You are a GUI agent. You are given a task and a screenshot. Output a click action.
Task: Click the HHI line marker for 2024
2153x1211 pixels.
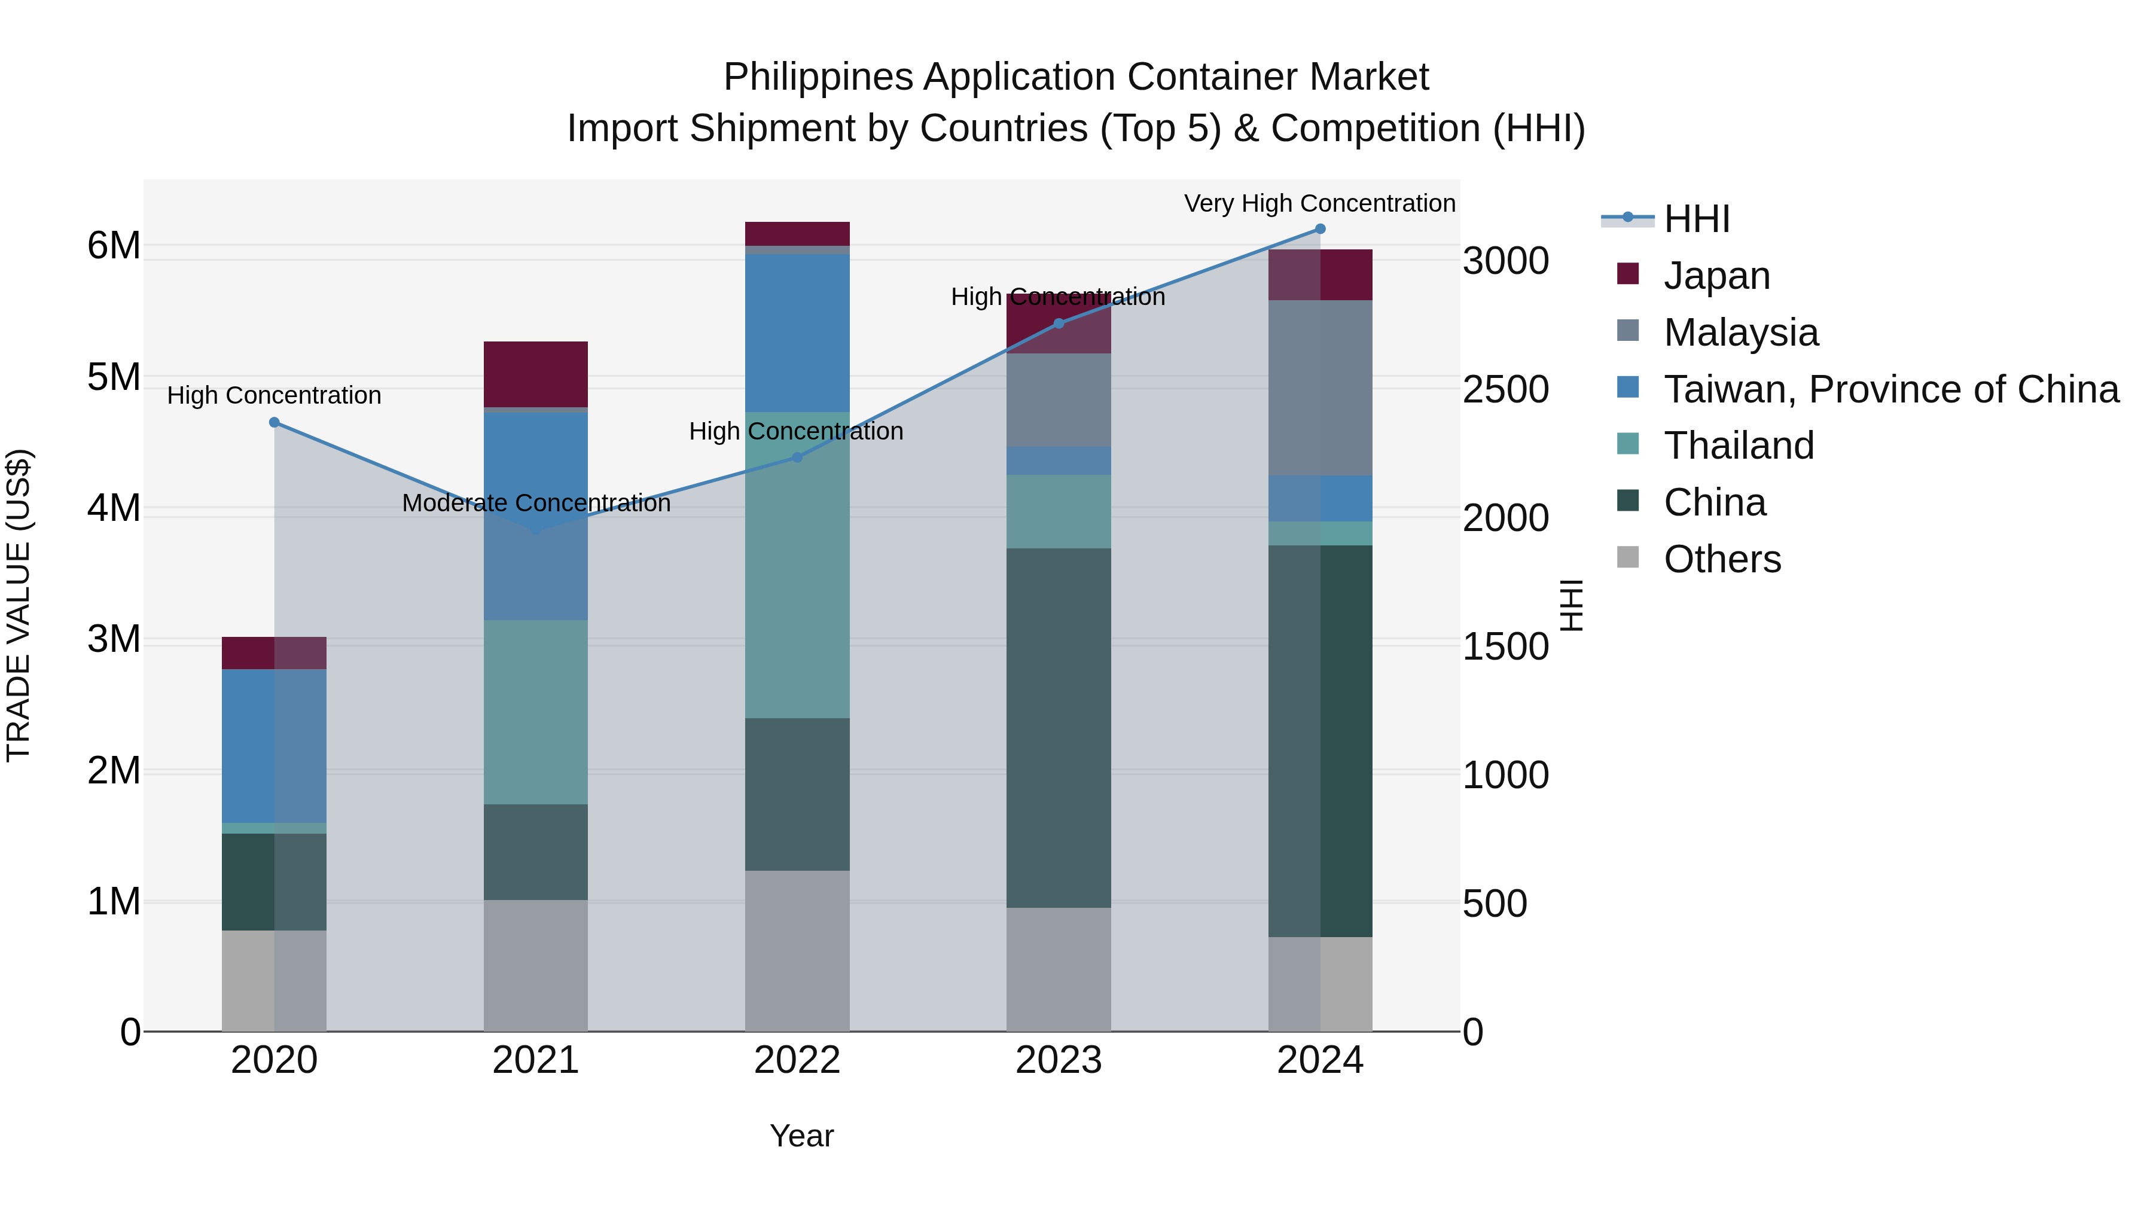1320,229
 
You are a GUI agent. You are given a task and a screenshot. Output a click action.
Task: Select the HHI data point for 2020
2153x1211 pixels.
274,423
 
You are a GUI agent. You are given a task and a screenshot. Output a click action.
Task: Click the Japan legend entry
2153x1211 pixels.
1716,276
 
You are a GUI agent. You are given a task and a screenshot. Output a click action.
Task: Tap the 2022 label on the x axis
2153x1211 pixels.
797,1060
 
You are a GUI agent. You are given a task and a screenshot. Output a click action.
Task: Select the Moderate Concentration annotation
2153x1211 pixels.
536,503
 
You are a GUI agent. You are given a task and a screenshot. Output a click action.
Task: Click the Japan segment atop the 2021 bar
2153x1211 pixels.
536,374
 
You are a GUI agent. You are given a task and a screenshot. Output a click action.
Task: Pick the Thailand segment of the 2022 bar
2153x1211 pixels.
797,565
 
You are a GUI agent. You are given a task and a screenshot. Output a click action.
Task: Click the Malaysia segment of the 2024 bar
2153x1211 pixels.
1320,388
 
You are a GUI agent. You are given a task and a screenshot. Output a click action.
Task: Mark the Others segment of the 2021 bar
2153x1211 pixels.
536,965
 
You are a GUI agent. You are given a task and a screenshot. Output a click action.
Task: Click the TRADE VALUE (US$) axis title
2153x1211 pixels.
19,605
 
